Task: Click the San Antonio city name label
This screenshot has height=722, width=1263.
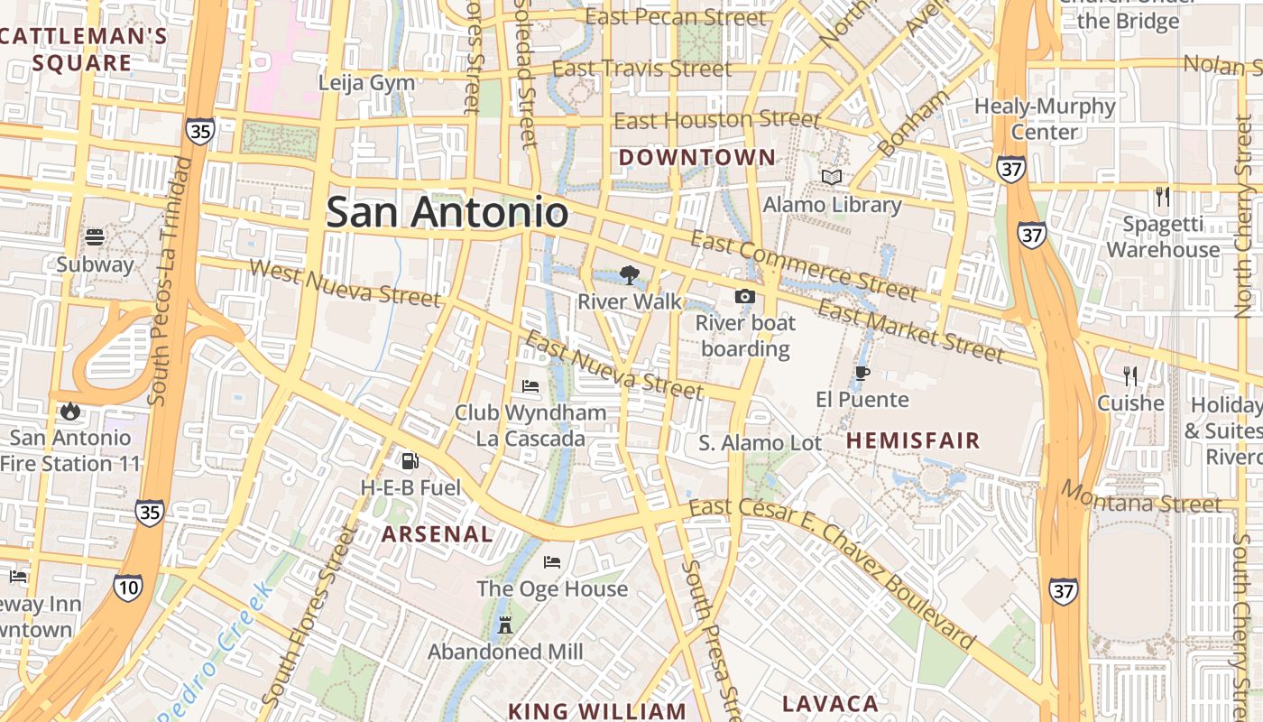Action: [447, 213]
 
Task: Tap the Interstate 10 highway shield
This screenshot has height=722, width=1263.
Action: [127, 588]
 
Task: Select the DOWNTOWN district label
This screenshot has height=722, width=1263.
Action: [696, 158]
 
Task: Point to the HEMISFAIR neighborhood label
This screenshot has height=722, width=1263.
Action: [913, 440]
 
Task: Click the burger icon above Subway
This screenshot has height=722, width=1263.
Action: [95, 237]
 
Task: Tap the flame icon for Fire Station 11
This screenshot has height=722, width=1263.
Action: [70, 412]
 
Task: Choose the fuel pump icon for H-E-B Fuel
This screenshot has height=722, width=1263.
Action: [410, 461]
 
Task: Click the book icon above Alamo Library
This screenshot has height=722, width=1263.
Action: [831, 178]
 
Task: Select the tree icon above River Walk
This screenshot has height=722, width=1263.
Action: [629, 274]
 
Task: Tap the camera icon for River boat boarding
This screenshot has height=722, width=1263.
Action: [745, 296]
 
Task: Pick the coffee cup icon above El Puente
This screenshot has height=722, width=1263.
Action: [862, 373]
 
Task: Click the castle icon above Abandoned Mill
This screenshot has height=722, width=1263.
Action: [504, 625]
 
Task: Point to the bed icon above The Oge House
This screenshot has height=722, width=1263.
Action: [552, 562]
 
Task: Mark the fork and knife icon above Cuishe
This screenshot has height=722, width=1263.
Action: [1129, 376]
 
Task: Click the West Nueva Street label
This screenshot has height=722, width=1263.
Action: [345, 282]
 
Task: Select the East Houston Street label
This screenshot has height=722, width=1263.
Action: [717, 120]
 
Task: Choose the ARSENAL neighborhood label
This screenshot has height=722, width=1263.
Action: [437, 533]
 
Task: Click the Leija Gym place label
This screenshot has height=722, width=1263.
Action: [366, 83]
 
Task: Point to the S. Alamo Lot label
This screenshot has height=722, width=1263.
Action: [761, 443]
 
